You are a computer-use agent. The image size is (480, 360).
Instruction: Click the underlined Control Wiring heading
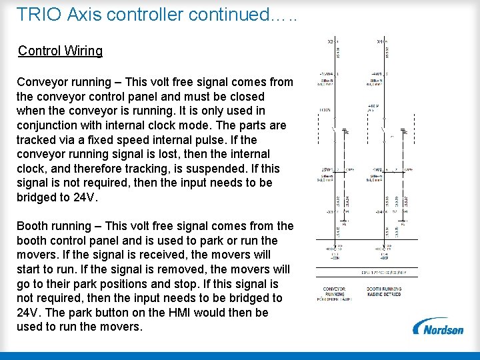pos(60,51)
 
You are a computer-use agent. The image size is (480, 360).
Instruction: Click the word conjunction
pos(49,125)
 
